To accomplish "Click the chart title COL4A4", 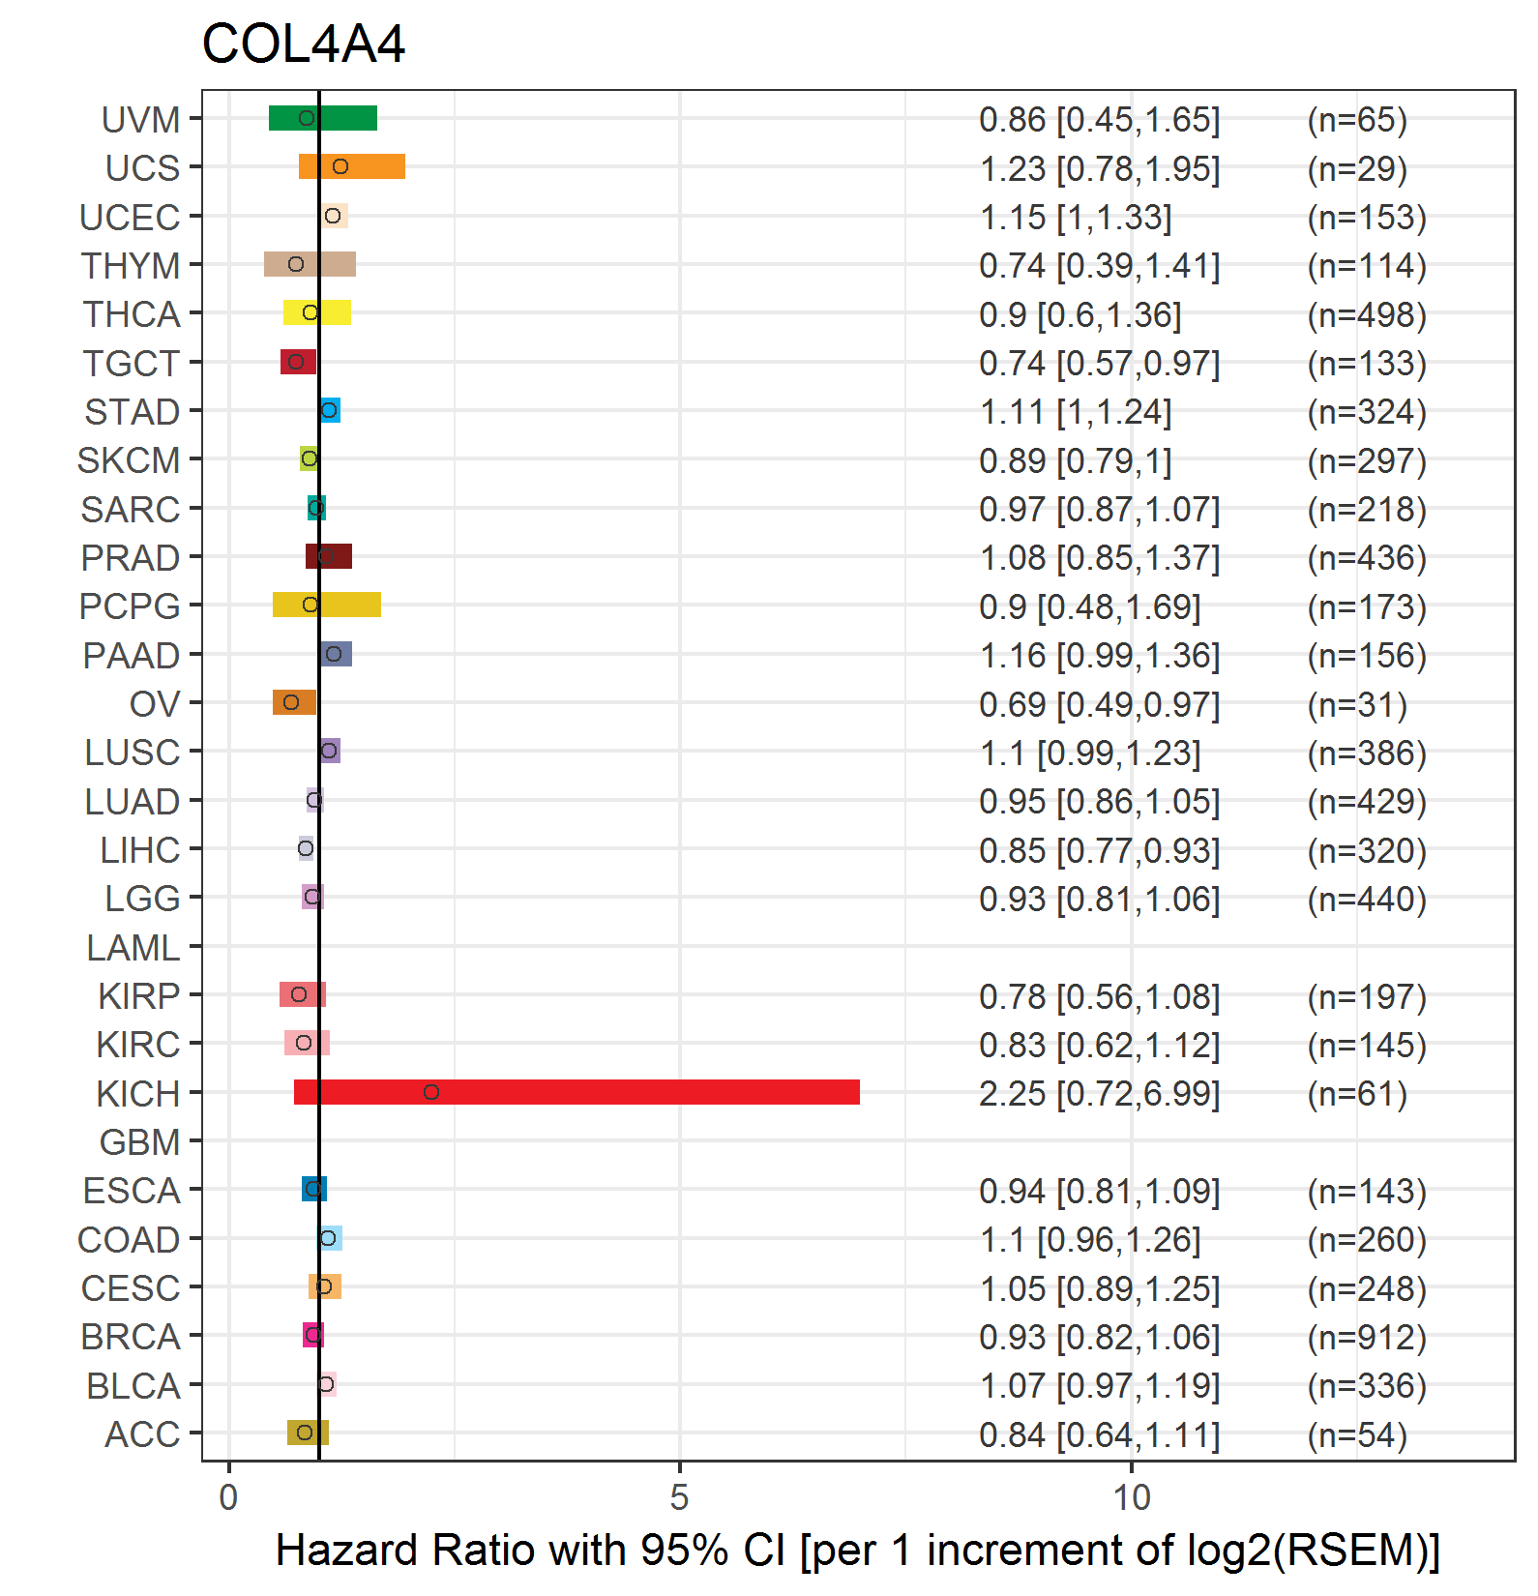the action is pos(303,44).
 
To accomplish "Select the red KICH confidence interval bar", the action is pos(577,1092).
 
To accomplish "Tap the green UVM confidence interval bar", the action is pos(323,118).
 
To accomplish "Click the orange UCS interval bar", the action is pos(352,166).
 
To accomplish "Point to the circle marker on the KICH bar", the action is pos(431,1092).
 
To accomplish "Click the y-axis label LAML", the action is pos(133,948).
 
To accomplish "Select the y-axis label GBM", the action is pos(139,1142).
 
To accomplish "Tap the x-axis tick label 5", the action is pos(680,1498).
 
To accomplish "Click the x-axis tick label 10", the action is pos(1132,1498).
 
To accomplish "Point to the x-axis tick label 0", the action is pos(228,1498).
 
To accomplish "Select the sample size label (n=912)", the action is pos(1367,1337).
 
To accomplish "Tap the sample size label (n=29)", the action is pos(1357,169).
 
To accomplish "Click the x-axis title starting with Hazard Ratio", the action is pos(858,1551).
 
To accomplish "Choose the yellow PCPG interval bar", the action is pos(327,605).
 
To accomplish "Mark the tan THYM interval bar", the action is pos(310,264).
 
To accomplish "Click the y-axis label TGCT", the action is pos(132,364).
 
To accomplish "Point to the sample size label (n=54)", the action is pos(1357,1434).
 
